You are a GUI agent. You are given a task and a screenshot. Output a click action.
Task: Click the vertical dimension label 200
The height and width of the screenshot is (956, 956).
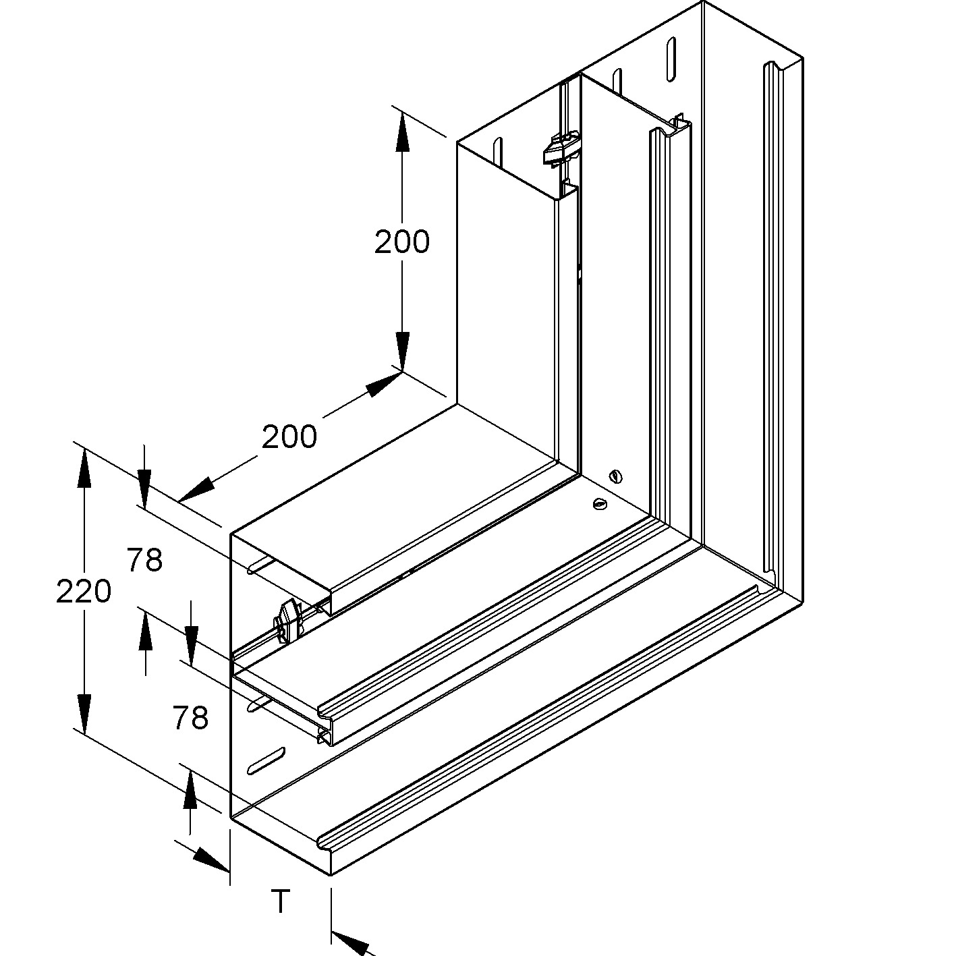pyautogui.click(x=402, y=242)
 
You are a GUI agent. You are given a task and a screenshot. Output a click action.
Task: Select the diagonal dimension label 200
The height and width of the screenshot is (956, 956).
pyautogui.click(x=289, y=437)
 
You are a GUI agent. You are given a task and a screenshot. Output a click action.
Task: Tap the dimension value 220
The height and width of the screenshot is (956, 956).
pyautogui.click(x=83, y=592)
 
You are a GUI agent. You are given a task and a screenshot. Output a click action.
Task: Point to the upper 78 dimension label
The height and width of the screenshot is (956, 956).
pyautogui.click(x=144, y=560)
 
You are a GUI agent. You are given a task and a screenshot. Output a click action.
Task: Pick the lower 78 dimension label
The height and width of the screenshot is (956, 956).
pyautogui.click(x=190, y=718)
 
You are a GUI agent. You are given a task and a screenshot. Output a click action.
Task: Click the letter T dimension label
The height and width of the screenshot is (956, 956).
pyautogui.click(x=280, y=901)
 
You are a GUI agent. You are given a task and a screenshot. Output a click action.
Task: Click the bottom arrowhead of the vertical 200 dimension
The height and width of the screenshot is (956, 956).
pyautogui.click(x=402, y=351)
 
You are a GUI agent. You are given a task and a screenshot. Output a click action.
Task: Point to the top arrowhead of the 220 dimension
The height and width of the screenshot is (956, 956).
pyautogui.click(x=84, y=467)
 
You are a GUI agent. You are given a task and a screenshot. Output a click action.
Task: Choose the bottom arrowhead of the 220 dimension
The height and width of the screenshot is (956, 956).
pyautogui.click(x=84, y=714)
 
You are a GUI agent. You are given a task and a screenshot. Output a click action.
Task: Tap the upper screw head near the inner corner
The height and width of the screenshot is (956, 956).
pyautogui.click(x=615, y=476)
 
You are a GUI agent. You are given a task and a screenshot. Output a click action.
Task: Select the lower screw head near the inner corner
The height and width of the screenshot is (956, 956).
pyautogui.click(x=598, y=503)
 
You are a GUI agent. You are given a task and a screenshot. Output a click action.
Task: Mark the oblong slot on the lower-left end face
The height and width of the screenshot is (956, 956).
pyautogui.click(x=266, y=760)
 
